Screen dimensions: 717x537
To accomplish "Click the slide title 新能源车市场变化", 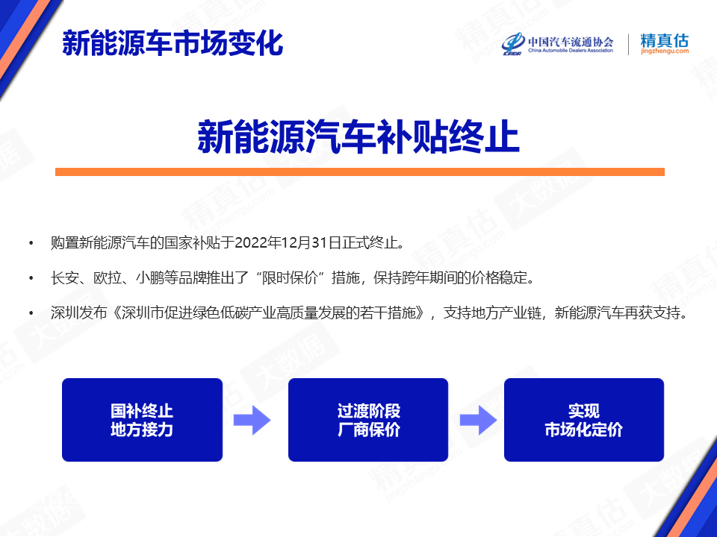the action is click(173, 43).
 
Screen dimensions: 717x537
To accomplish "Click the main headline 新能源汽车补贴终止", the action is click(358, 136).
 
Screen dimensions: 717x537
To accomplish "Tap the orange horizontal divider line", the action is click(359, 172).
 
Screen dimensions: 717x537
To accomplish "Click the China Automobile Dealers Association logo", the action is click(557, 44).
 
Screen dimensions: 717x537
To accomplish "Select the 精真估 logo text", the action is click(665, 40).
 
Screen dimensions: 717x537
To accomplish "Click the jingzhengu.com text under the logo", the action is click(665, 51).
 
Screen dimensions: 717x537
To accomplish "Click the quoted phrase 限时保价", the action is click(290, 277).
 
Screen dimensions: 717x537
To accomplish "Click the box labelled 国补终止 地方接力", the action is click(142, 420).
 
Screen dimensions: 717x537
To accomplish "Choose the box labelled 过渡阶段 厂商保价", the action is click(368, 420).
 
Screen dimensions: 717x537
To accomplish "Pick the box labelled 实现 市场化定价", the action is click(584, 420).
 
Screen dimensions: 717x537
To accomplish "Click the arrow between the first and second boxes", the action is click(252, 420).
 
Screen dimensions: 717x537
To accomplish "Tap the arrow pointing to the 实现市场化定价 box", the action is click(478, 420).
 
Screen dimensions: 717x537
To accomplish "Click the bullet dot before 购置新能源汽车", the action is click(31, 243).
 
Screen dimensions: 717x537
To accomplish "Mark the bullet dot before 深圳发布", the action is click(31, 313).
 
